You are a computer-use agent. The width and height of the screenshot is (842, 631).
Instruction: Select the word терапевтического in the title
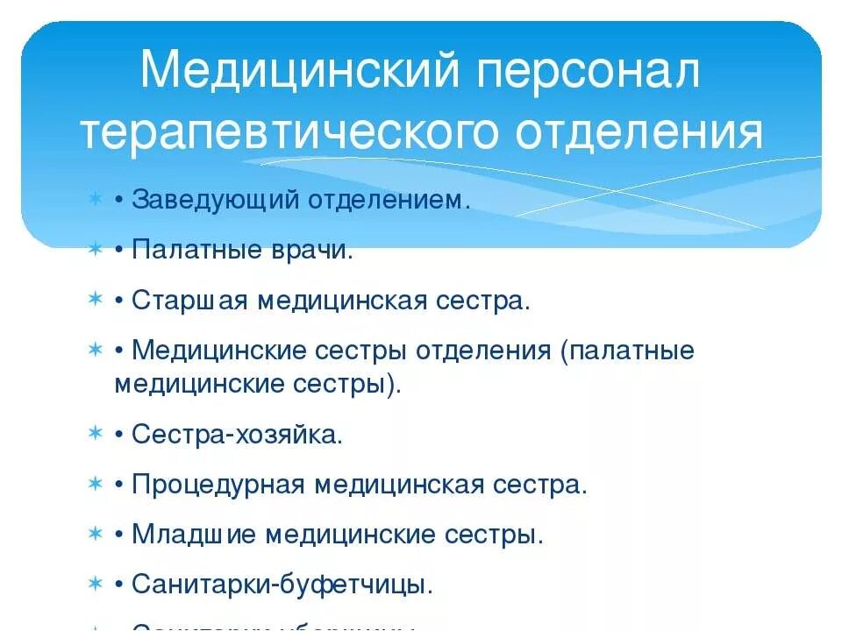pyautogui.click(x=286, y=132)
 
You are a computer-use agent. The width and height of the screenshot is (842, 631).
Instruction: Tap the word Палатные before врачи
pyautogui.click(x=194, y=251)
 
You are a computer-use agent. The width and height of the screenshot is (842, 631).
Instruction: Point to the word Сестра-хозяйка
pyautogui.click(x=237, y=435)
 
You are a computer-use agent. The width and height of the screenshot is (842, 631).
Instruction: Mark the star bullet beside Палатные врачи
pyautogui.click(x=95, y=251)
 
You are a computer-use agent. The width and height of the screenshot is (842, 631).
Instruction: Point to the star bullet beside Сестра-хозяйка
pyautogui.click(x=95, y=434)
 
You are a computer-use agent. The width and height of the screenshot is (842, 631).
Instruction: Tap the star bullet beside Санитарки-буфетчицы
pyautogui.click(x=95, y=584)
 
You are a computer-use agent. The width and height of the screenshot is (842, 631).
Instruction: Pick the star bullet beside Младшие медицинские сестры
pyautogui.click(x=95, y=534)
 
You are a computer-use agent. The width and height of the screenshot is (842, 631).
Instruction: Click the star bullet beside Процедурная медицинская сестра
pyautogui.click(x=95, y=484)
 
